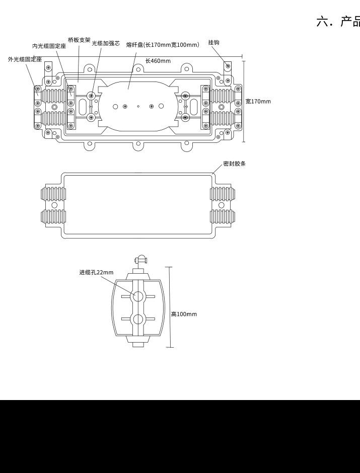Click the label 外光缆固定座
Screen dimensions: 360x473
tap(25, 59)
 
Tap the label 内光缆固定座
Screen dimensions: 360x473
tap(49, 46)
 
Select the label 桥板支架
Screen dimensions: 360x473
tap(79, 40)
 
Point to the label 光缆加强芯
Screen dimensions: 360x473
tap(106, 43)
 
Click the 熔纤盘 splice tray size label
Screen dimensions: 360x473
tap(163, 45)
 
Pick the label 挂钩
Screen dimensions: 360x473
tap(213, 43)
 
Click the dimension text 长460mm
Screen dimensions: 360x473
tap(158, 61)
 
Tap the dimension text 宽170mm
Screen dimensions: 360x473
tap(258, 101)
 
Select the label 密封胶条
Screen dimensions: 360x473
tap(235, 164)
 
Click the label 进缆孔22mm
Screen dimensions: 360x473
tap(96, 272)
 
